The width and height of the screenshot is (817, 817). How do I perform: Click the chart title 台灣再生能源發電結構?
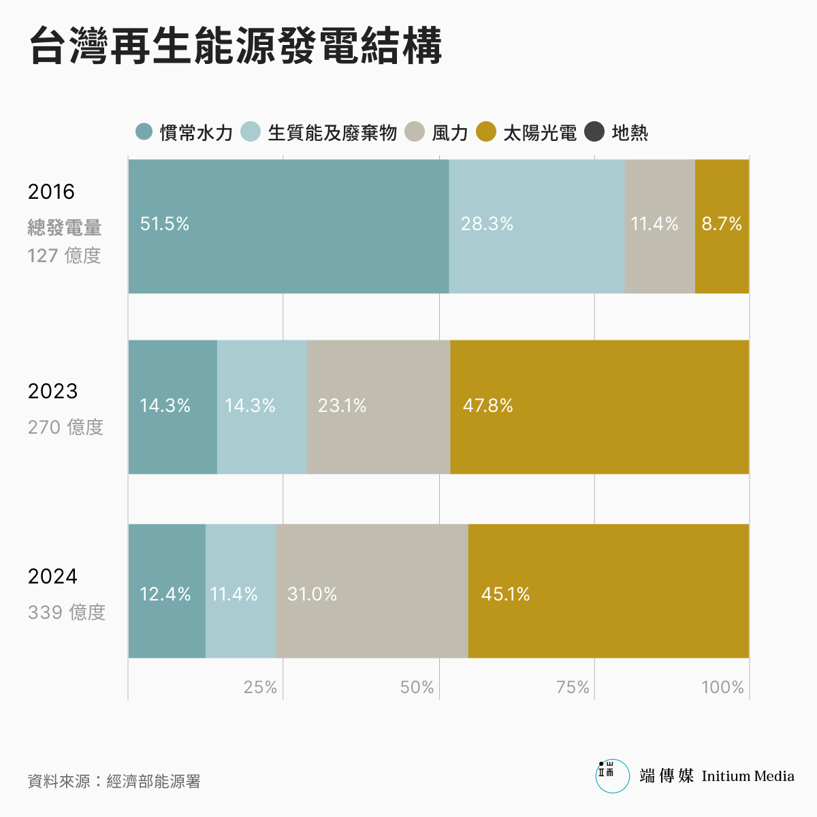236,46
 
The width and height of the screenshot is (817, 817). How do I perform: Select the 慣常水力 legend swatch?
144,132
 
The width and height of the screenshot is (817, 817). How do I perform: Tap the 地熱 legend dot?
594,132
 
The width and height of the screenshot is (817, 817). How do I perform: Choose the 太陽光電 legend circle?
486,132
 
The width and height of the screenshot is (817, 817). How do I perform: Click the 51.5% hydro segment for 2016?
288,226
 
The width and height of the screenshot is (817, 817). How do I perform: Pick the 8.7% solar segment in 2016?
722,226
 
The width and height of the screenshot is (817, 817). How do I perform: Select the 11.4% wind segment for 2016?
659,226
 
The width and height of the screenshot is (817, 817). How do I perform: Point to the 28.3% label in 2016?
487,224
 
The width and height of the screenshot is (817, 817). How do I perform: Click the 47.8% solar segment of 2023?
599,406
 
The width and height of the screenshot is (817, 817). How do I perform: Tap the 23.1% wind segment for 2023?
378,406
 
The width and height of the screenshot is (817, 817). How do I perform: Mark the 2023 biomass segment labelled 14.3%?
261,406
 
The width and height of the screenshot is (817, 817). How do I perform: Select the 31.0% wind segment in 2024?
372,591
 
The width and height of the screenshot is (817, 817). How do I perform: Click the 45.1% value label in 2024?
505,594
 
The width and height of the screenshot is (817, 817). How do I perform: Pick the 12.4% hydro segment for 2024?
167,591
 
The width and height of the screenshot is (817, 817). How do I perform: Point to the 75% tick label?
573,688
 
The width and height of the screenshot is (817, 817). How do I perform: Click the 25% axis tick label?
260,688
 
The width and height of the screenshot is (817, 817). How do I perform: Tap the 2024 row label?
52,577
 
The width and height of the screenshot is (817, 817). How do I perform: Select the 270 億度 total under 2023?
65,427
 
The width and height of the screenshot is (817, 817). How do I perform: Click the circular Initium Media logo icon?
613,776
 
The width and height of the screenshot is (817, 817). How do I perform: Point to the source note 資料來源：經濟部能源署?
114,781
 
